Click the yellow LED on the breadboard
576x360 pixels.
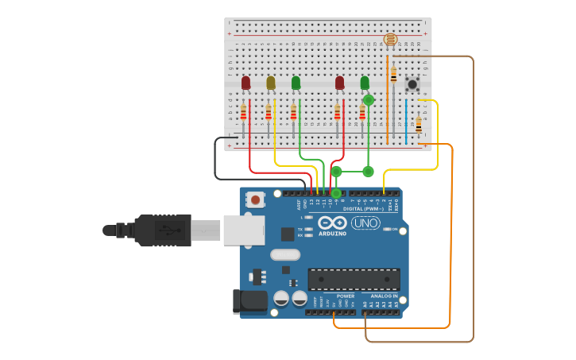coord(271,83)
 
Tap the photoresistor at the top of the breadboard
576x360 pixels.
coord(390,39)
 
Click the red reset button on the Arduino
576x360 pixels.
coord(255,199)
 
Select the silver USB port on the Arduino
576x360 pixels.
coord(243,230)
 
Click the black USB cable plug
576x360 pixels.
coord(163,230)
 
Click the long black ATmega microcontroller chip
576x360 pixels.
coord(354,279)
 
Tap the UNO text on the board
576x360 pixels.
coord(365,223)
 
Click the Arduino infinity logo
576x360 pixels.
coord(333,223)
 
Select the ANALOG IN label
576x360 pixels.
coord(384,296)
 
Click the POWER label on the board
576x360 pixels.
coord(346,296)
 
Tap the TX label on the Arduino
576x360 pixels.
coord(300,229)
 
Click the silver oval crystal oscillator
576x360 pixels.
coord(285,255)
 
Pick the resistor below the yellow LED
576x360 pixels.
coord(269,112)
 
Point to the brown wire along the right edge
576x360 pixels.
coord(474,199)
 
